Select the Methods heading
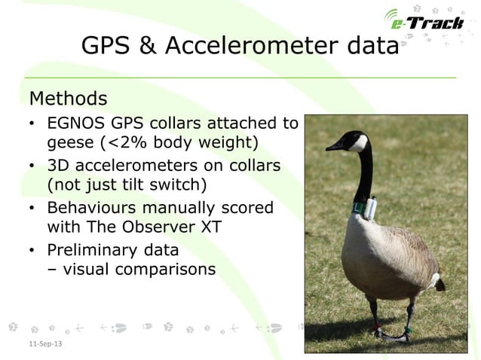(68, 99)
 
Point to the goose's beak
(334, 147)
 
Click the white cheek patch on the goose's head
(358, 143)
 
